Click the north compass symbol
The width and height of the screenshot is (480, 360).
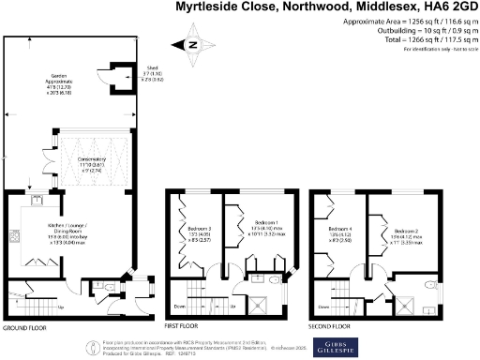(x=193, y=44)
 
